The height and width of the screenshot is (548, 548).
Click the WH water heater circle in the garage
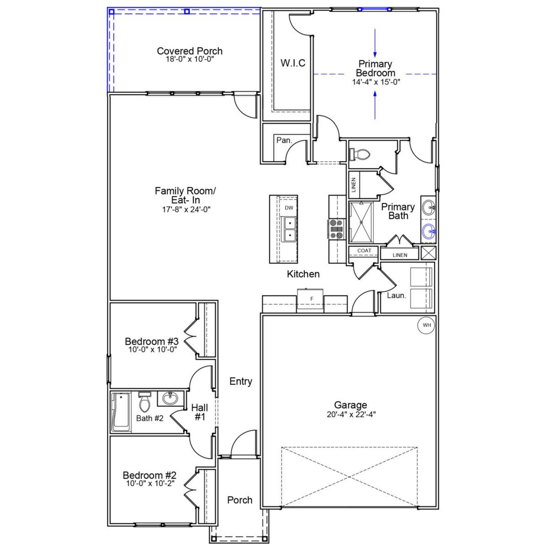426,325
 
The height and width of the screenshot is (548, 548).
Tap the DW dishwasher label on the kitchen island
289,208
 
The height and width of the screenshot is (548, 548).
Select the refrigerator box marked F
311,298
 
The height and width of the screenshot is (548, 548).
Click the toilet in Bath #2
144,402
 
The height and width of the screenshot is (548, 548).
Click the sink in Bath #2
170,399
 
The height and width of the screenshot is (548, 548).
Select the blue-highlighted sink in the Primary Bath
429,232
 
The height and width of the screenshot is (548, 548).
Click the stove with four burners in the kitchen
336,229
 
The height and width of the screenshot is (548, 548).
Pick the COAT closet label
364,250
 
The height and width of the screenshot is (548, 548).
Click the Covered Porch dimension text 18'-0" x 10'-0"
190,60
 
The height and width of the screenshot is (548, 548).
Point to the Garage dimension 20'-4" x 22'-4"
351,414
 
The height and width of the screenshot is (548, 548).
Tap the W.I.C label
293,63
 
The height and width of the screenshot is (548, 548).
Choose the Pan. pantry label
284,140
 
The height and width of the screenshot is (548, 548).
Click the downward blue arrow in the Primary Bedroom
375,43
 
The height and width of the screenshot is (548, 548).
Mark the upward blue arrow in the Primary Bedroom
375,105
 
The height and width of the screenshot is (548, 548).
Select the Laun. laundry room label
396,295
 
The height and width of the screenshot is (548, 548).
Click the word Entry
241,381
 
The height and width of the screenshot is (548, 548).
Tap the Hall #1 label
200,412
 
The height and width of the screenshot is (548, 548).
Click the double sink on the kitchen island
290,229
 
